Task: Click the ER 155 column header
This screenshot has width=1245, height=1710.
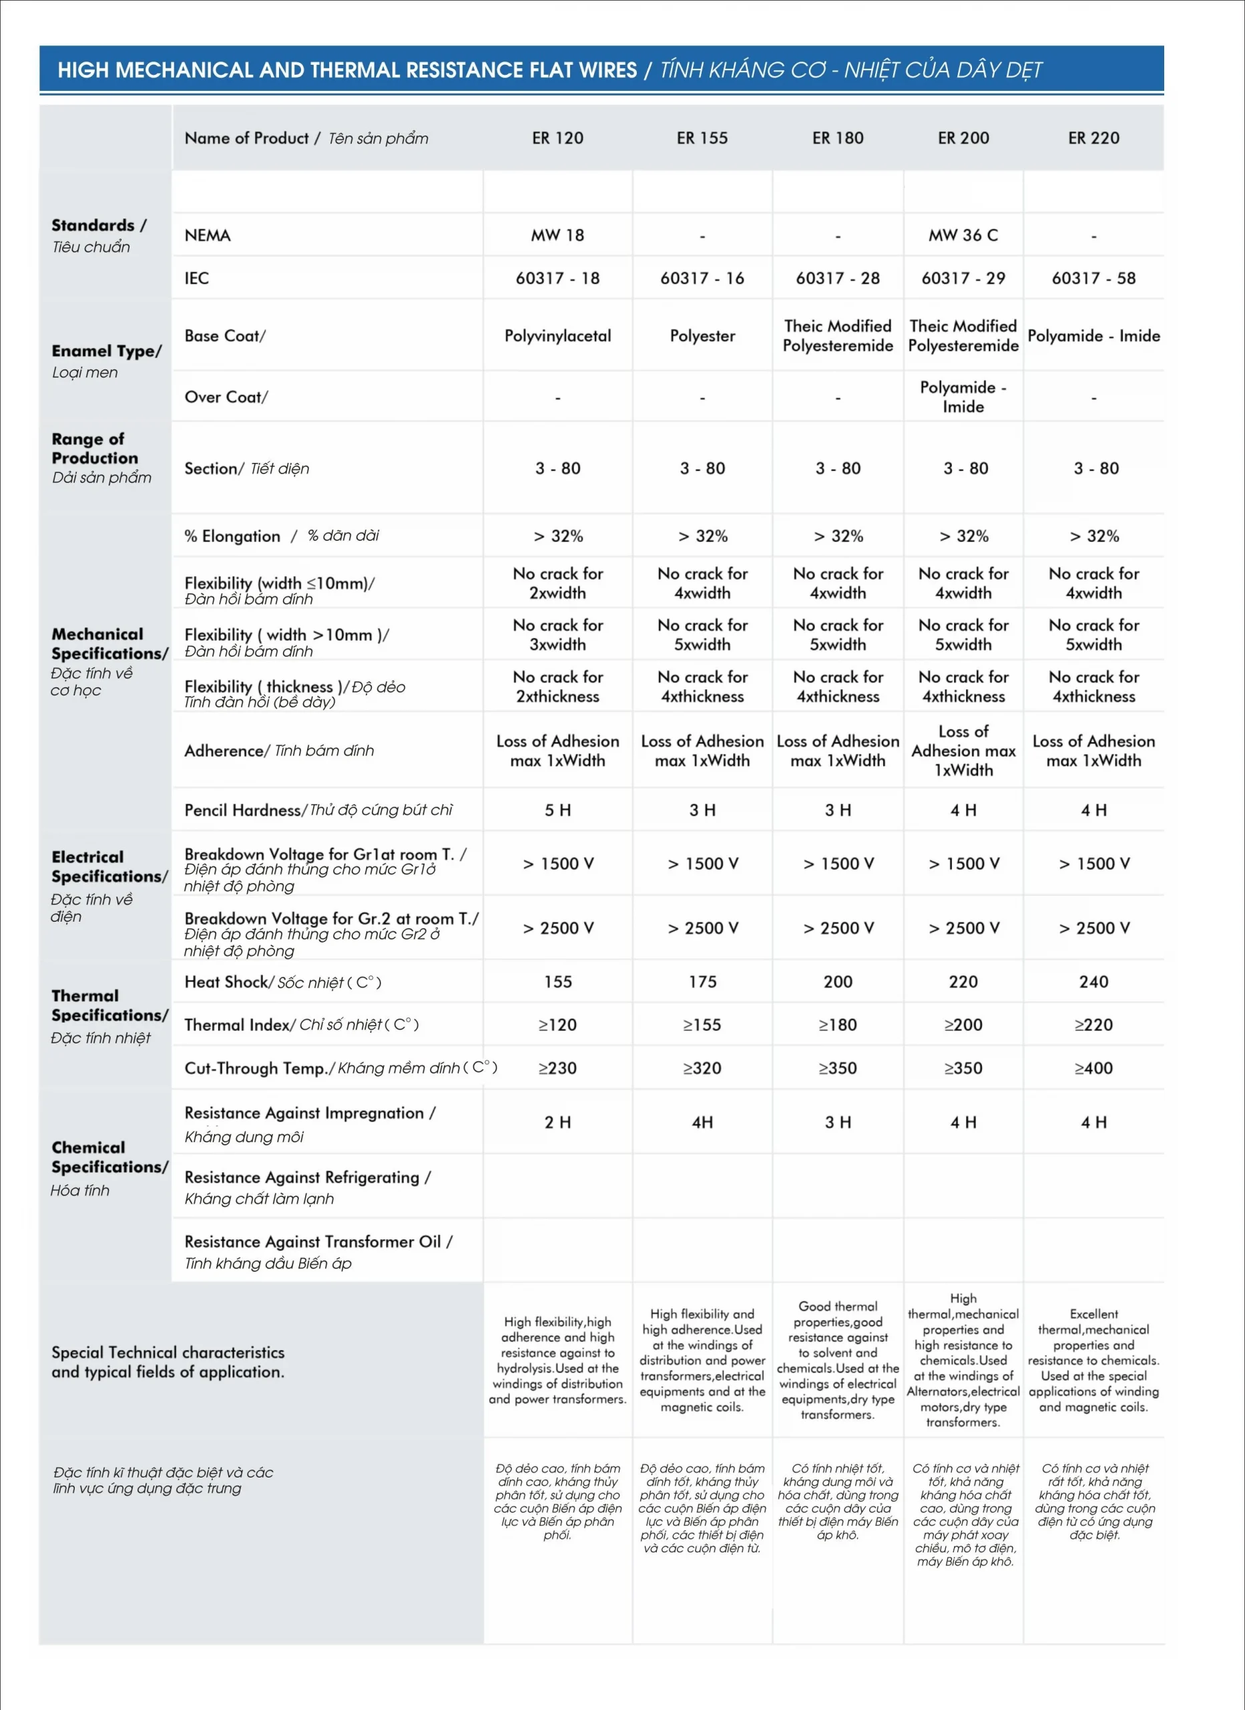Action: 702,138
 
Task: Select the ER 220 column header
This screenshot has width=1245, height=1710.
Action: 1093,138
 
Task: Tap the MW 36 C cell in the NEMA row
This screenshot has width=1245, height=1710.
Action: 963,235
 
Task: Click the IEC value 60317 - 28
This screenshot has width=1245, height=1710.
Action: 837,279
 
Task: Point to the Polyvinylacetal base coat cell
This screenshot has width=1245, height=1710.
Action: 557,336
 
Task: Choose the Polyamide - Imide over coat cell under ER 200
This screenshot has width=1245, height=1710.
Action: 963,397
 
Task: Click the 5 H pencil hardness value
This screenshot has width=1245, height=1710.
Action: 557,810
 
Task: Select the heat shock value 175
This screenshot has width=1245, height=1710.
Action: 702,982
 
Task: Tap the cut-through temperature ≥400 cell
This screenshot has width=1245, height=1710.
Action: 1093,1068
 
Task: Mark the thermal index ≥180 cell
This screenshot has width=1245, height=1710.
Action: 837,1025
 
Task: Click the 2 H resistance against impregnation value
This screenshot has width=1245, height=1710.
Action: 557,1123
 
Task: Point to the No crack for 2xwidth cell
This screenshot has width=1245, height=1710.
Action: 557,584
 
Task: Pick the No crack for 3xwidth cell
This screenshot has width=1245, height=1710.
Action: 557,635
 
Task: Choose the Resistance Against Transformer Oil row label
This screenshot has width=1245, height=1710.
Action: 317,1251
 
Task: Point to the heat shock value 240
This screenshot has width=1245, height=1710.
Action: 1093,982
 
